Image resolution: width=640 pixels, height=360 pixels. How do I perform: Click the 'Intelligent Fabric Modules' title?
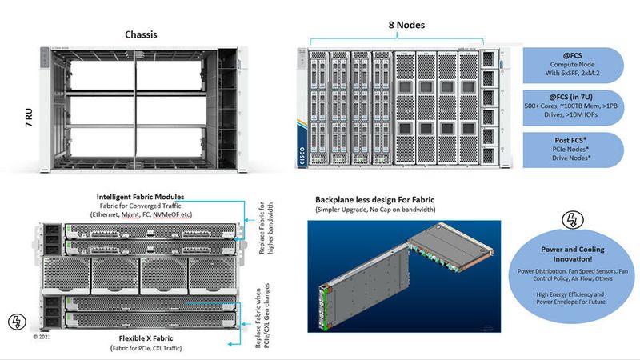140,196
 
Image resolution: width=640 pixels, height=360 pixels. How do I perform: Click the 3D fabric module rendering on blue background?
404,276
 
